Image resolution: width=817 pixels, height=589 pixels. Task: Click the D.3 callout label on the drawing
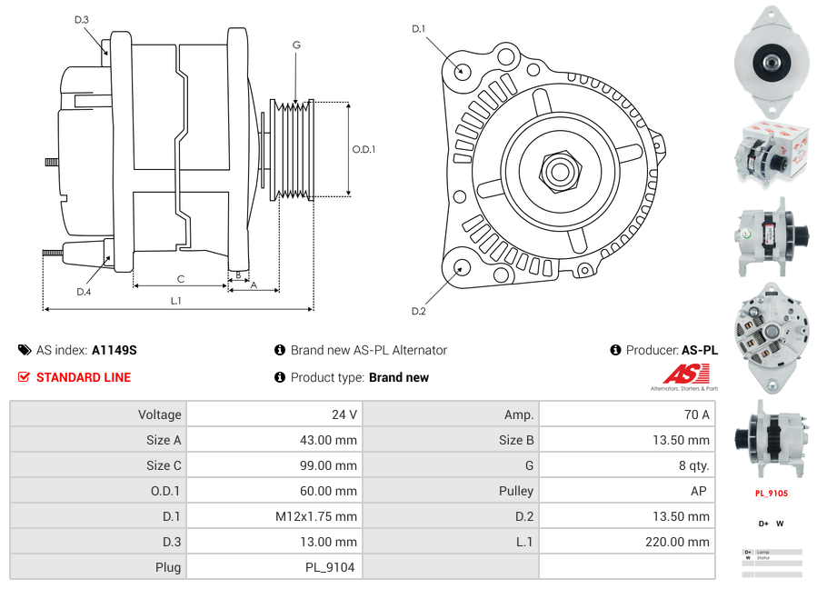pyautogui.click(x=81, y=19)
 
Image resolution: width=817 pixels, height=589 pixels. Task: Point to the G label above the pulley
pyautogui.click(x=296, y=45)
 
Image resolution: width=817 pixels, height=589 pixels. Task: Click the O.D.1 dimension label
pyautogui.click(x=364, y=149)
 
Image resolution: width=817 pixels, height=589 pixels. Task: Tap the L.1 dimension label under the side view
pyautogui.click(x=176, y=301)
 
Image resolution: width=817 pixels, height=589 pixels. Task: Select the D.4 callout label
pyautogui.click(x=84, y=291)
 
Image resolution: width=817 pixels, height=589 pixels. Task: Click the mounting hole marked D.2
pyautogui.click(x=461, y=267)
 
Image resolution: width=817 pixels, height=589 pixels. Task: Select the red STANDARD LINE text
pyautogui.click(x=83, y=377)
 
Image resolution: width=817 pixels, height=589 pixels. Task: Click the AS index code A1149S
pyautogui.click(x=114, y=350)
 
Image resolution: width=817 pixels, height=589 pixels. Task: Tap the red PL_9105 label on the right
pyautogui.click(x=771, y=494)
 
